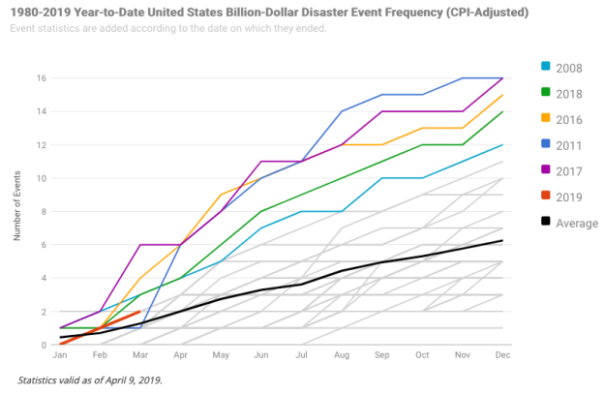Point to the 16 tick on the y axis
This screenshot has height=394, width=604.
point(41,77)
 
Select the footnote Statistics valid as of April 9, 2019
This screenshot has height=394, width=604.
point(90,379)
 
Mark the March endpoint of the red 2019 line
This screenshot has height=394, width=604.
point(140,312)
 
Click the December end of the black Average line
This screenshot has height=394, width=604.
point(502,240)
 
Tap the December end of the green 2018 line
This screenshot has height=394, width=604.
point(502,111)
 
